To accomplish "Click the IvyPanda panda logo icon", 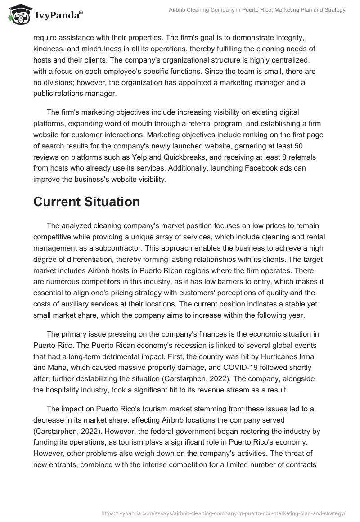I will pyautogui.click(x=17, y=14).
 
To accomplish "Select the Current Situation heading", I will pyautogui.click(x=86, y=202).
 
